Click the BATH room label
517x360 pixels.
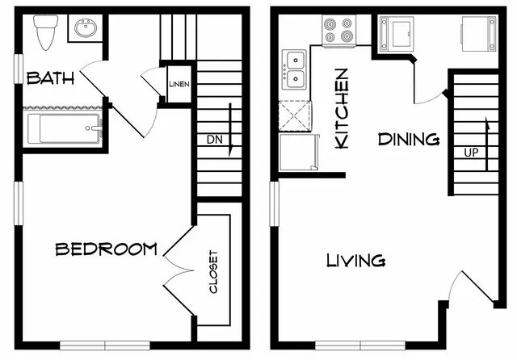tap(50, 78)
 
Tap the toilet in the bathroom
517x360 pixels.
tap(45, 31)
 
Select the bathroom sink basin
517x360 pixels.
tap(86, 27)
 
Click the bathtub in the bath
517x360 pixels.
tap(64, 128)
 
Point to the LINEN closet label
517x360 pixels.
tap(179, 84)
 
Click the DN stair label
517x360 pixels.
tap(215, 140)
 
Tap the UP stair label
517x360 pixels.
tap(471, 153)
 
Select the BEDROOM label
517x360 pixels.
tap(106, 249)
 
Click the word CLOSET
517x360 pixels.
tap(213, 272)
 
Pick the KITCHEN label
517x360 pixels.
tap(342, 108)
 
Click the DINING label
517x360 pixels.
tap(409, 140)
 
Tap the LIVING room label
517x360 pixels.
tap(356, 260)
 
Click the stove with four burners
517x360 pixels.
tap(339, 30)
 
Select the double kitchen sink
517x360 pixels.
tap(294, 69)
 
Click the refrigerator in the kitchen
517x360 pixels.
tap(299, 153)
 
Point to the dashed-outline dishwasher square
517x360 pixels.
tap(295, 116)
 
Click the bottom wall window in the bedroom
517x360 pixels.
tap(105, 345)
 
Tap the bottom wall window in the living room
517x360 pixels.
tap(360, 345)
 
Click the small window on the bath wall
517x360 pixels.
tap(19, 69)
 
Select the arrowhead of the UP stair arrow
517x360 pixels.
tap(487, 123)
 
